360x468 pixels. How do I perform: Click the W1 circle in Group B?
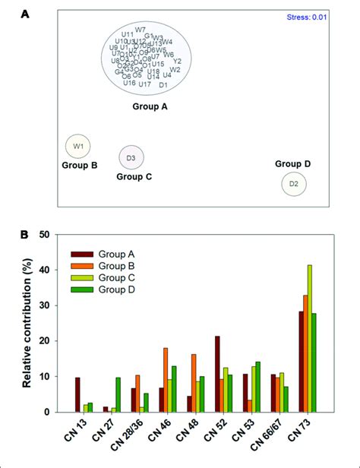(77, 145)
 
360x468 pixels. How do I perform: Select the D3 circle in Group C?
(131, 157)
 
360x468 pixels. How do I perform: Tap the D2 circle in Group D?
(293, 184)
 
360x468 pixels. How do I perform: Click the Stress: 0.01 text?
(308, 16)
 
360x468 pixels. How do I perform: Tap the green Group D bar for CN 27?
(118, 394)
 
